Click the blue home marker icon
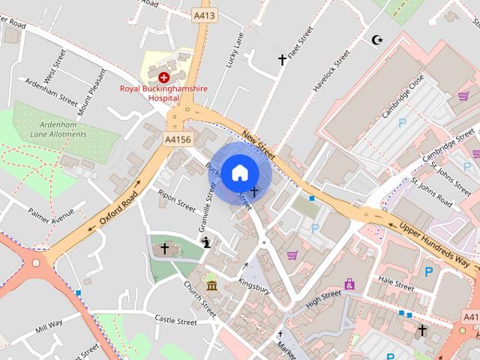(239, 172)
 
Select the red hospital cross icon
(163, 76)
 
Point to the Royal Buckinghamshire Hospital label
(164, 93)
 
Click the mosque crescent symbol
(376, 39)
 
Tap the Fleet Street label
(304, 44)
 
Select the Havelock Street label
(331, 71)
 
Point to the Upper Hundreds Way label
(434, 242)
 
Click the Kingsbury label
(253, 286)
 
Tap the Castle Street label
(175, 321)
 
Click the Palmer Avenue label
(52, 214)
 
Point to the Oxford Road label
(118, 203)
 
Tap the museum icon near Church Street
(211, 286)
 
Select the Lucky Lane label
(235, 51)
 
